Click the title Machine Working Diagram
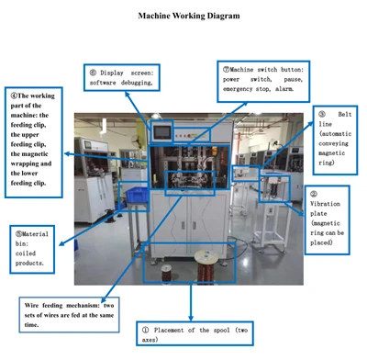click(189, 16)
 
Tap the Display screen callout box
click(122, 77)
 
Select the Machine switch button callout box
click(263, 82)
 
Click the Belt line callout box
click(335, 141)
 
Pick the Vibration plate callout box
click(327, 219)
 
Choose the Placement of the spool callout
click(195, 333)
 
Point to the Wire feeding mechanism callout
click(69, 315)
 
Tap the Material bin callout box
click(32, 249)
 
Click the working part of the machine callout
click(34, 142)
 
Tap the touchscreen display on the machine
click(162, 131)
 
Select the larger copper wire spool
click(207, 267)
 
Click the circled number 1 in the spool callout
click(146, 330)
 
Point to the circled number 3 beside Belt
click(322, 114)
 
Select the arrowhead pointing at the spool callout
click(191, 318)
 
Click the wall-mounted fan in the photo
click(136, 141)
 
